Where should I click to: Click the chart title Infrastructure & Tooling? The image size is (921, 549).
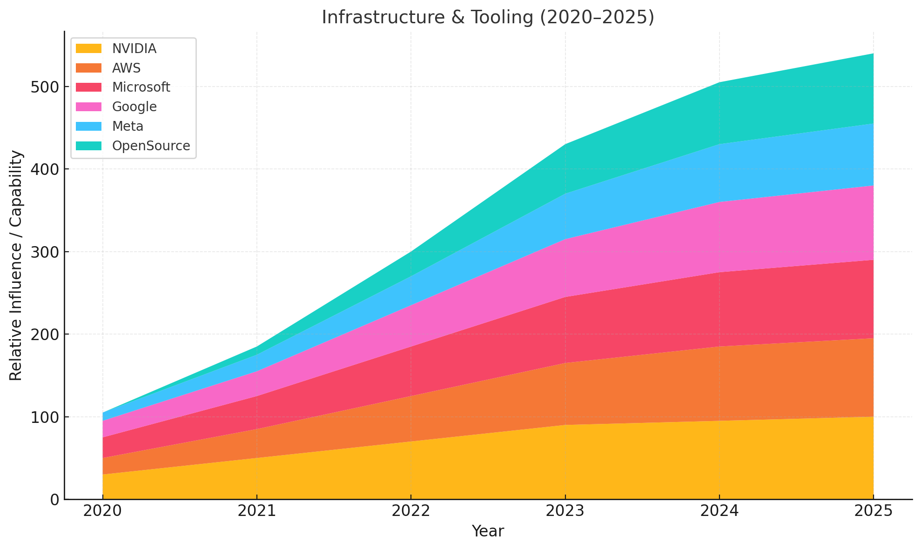(x=488, y=18)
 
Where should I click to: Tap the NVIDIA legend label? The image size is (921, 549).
(x=134, y=48)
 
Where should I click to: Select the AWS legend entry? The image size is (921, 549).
(x=126, y=68)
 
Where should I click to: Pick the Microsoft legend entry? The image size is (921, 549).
(x=141, y=87)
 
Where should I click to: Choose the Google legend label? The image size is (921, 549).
(x=134, y=107)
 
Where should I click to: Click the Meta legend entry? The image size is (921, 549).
(x=128, y=126)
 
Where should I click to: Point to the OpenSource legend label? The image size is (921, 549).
(x=151, y=146)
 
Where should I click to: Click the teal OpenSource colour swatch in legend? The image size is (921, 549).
(x=88, y=146)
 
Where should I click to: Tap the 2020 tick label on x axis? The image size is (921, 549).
(x=102, y=511)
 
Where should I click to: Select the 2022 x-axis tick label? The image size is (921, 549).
(x=410, y=511)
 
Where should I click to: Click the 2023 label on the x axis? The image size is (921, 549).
(x=565, y=511)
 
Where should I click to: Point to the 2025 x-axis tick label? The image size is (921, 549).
(x=873, y=511)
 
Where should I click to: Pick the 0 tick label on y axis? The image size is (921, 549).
(x=54, y=499)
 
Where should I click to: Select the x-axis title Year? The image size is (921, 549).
(x=488, y=531)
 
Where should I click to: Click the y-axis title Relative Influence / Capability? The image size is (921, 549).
(x=16, y=265)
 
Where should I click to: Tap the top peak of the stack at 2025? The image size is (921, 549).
(x=873, y=54)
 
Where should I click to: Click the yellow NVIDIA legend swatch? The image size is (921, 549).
(x=88, y=48)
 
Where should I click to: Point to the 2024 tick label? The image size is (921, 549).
(x=719, y=511)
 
